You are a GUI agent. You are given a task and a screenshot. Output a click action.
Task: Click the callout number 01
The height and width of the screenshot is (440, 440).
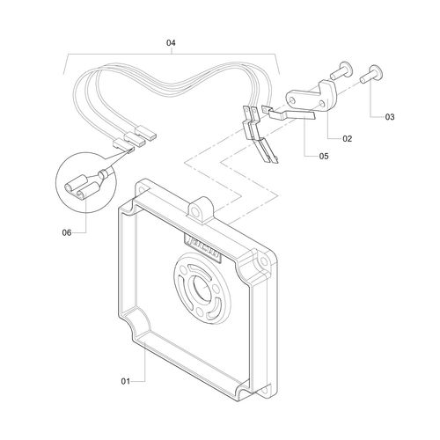click(x=125, y=381)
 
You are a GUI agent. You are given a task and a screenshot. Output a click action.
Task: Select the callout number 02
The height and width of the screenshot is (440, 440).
click(x=347, y=138)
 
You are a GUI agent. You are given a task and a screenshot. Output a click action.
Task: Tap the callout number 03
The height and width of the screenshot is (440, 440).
click(x=390, y=117)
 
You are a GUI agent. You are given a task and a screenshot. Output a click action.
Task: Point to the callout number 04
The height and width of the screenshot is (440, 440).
click(x=171, y=43)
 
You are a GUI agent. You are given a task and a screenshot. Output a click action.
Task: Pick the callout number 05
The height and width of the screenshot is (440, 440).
click(x=324, y=156)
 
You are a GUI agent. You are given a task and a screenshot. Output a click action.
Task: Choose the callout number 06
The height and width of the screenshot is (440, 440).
click(x=67, y=233)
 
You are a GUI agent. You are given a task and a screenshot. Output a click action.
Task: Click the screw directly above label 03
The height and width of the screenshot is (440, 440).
click(x=371, y=74)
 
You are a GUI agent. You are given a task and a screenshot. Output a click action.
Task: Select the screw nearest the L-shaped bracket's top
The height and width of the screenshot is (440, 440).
click(x=341, y=70)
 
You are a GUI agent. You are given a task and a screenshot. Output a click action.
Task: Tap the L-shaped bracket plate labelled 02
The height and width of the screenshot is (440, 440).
click(x=312, y=97)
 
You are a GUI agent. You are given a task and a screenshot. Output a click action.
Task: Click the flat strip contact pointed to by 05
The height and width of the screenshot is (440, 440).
click(x=291, y=115)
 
